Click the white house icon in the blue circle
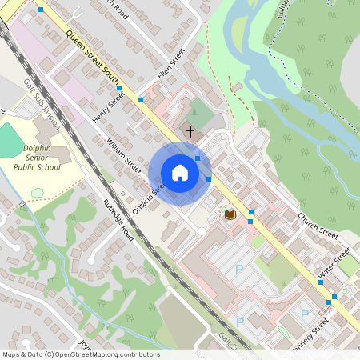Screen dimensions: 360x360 coord(180,173)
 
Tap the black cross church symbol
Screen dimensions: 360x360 coord(190,130)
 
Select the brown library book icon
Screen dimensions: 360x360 coord(230,214)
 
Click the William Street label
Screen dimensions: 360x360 coord(124,156)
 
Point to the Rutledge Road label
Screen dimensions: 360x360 coord(117,216)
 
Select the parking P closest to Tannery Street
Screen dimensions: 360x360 coord(303,313)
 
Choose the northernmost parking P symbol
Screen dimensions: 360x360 coord(238,270)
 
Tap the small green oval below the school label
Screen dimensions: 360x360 coord(37,193)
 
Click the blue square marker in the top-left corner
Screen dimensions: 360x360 coord(41,9)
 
